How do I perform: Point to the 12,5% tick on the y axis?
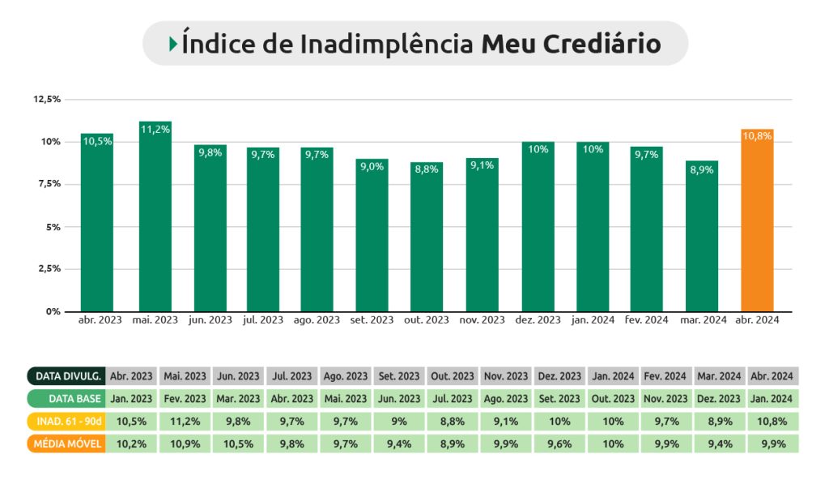click(47, 99)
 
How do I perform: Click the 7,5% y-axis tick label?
click(49, 184)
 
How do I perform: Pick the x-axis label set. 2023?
click(372, 320)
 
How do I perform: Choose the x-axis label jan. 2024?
click(593, 320)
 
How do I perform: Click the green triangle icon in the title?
click(173, 44)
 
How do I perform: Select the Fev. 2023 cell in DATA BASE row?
click(185, 399)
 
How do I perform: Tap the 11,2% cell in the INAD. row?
click(185, 422)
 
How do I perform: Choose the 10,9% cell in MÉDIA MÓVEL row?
click(185, 444)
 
